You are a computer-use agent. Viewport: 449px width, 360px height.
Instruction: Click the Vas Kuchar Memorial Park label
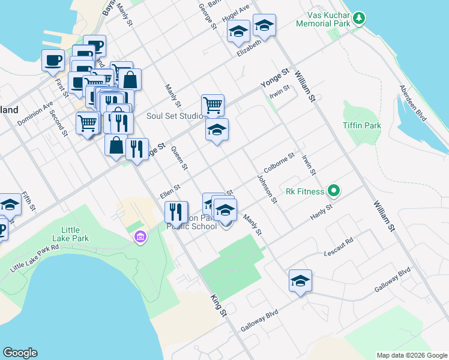pos(323,19)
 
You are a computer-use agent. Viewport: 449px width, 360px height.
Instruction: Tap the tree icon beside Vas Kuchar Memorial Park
pos(359,17)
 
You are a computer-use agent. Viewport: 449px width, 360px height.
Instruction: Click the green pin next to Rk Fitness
pos(334,192)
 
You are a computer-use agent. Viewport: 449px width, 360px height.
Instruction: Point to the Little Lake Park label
pos(83,234)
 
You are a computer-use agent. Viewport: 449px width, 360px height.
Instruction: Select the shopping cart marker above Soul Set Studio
pos(212,106)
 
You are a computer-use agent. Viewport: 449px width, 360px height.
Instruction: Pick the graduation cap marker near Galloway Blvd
pos(300,281)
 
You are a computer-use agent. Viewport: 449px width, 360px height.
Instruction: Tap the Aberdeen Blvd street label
pos(413,103)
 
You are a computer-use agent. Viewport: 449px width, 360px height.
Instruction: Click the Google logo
pos(20,353)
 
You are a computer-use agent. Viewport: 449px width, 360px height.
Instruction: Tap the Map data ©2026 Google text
pos(411,355)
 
